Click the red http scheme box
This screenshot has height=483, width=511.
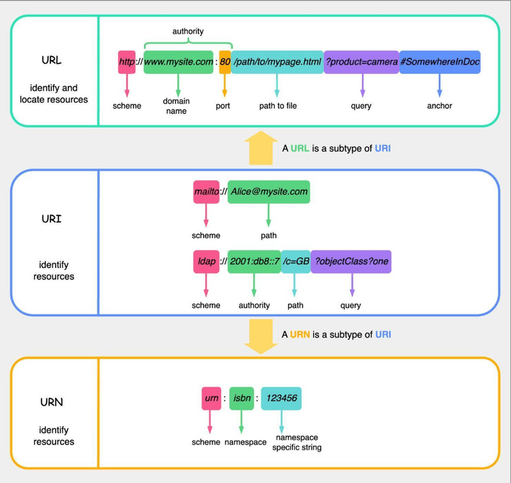[127, 62]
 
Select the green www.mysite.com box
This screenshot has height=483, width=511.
[179, 62]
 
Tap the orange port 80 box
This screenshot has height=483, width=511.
[225, 62]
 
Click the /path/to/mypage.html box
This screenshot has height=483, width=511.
[277, 62]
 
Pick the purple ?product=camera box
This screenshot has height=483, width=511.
[362, 62]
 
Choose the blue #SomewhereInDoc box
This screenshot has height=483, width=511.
[439, 62]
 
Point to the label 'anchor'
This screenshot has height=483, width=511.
[439, 106]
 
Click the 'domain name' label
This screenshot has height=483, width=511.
[177, 107]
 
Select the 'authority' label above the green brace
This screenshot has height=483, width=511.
[188, 31]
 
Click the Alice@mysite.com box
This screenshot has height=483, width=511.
[269, 191]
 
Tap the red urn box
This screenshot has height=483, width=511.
[210, 398]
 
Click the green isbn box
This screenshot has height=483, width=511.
[241, 398]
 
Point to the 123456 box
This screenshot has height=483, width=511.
[281, 398]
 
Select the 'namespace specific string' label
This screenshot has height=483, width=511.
[296, 442]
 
